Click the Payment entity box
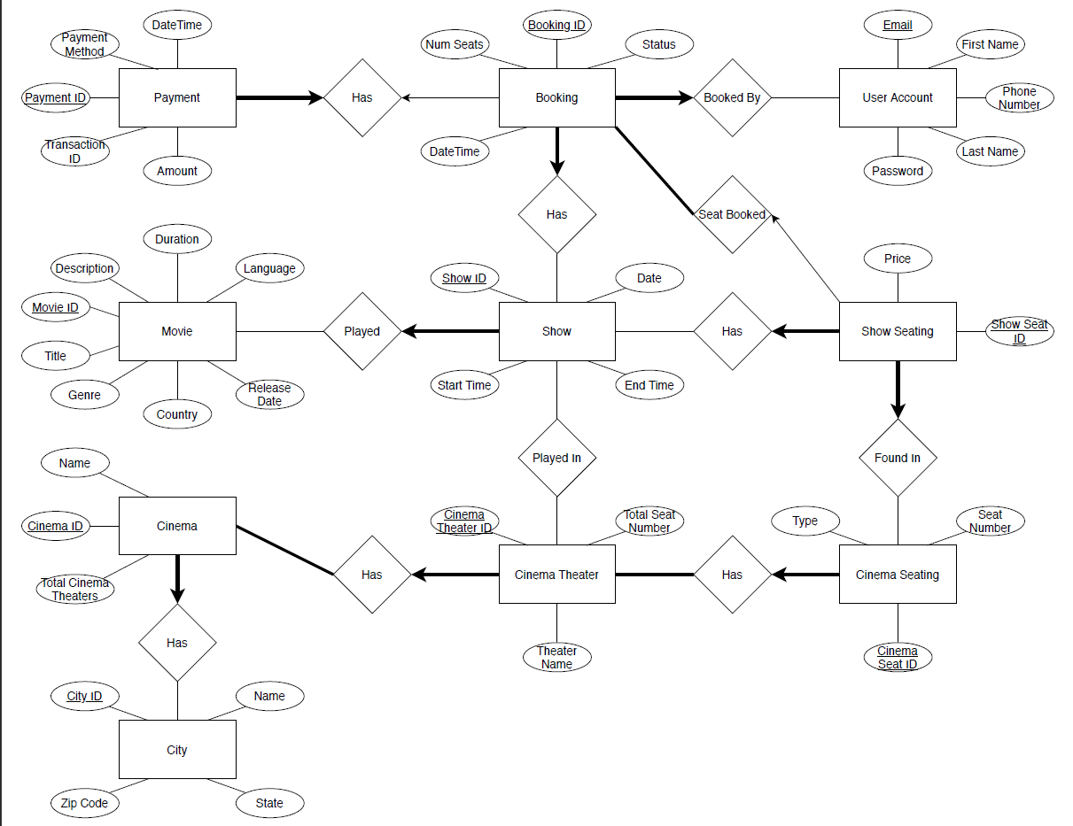(x=177, y=97)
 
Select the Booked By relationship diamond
(x=732, y=97)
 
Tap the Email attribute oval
(x=898, y=25)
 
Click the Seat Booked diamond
(x=732, y=214)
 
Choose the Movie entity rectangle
(x=177, y=331)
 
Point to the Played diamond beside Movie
(x=362, y=331)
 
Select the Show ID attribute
(x=464, y=278)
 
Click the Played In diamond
(x=556, y=458)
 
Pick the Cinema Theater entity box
(x=556, y=575)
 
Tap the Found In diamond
(x=898, y=458)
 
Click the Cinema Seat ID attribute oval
(x=898, y=657)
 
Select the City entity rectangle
(x=177, y=750)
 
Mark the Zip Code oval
(x=84, y=803)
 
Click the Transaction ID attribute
(x=75, y=151)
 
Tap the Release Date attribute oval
(x=269, y=394)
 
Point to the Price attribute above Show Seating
(x=898, y=259)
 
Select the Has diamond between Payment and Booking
(x=362, y=97)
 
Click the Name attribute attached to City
(x=269, y=696)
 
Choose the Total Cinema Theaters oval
(x=75, y=589)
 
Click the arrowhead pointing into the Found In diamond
(x=898, y=410)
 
